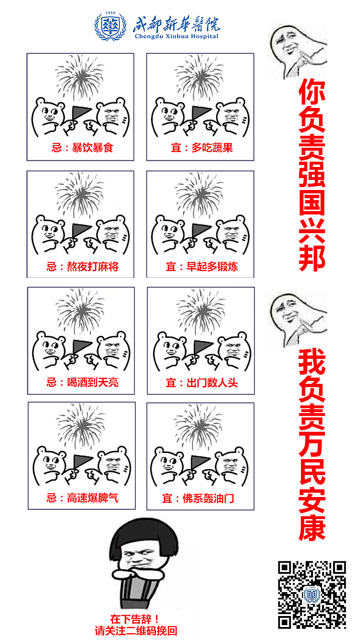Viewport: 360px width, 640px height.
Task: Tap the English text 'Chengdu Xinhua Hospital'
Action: tap(176, 36)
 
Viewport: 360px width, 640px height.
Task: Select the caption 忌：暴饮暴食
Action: tap(83, 147)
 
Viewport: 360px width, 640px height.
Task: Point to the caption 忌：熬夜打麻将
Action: tap(83, 266)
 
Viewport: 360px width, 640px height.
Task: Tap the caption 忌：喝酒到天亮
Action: tap(83, 382)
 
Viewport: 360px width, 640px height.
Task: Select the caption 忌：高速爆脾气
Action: tap(83, 498)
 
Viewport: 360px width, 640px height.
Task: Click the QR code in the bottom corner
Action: tap(312, 594)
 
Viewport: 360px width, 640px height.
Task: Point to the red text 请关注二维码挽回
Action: tap(136, 630)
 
